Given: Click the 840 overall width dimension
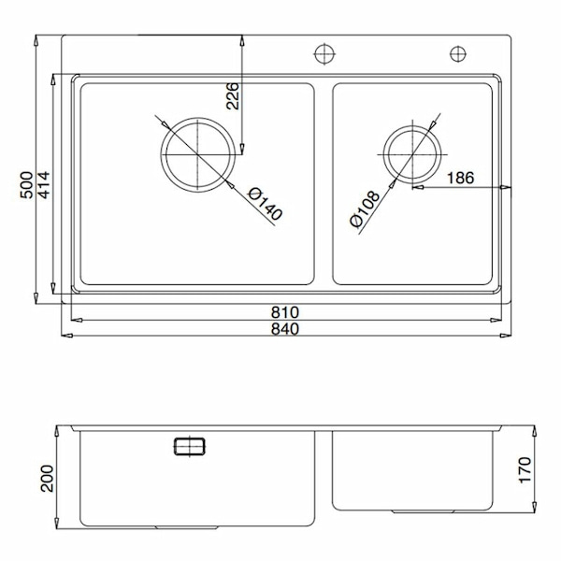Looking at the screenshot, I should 284,328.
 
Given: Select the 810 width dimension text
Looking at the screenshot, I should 284,312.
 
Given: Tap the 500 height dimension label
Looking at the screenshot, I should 28,184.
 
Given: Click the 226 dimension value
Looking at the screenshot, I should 234,96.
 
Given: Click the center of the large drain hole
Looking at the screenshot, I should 198,152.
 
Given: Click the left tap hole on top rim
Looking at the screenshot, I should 324,51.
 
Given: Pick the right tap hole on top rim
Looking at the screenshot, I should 459,51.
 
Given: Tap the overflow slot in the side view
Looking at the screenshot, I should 192,446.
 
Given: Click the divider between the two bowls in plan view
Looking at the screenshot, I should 324,184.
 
